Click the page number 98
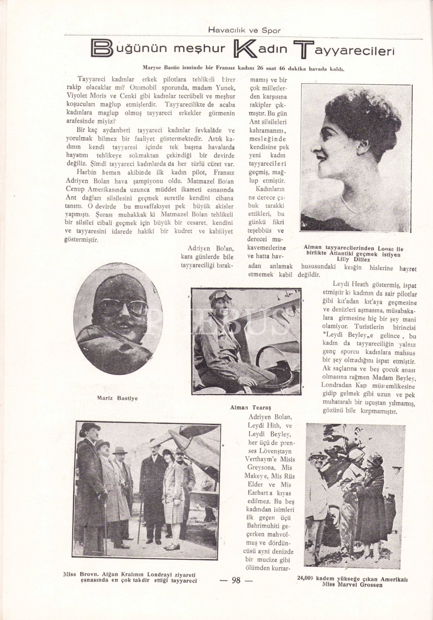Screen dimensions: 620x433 click(236, 580)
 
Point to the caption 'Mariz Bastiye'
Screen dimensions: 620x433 click(117, 398)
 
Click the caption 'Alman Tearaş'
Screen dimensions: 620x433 click(248, 408)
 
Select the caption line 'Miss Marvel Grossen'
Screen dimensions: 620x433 click(352, 584)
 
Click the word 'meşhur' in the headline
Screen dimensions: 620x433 click(199, 49)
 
